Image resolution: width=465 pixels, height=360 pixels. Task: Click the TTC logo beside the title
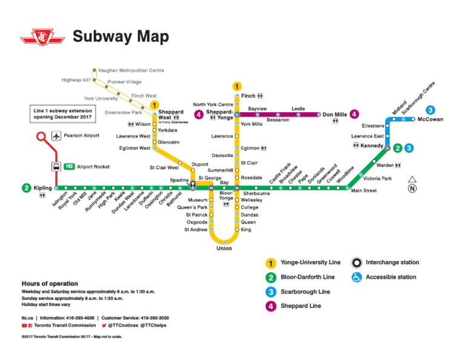tap(42, 38)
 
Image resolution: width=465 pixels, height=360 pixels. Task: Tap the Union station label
tap(224, 248)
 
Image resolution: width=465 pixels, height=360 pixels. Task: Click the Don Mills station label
tap(334, 115)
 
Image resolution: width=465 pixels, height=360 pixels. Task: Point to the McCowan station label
tap(430, 119)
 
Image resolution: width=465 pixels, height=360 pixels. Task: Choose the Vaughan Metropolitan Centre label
tap(131, 70)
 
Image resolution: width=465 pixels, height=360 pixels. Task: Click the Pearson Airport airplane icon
tap(56, 136)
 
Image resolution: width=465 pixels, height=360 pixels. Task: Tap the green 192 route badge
tap(70, 166)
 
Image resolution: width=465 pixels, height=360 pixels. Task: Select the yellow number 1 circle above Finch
tap(237, 86)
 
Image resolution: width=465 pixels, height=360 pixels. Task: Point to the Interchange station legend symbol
tap(357, 262)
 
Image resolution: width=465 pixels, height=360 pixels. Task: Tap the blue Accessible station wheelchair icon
tap(357, 277)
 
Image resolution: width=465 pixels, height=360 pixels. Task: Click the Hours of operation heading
tap(50, 284)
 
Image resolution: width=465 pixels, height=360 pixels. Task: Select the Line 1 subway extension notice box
tap(63, 114)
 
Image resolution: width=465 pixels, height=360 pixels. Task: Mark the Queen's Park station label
tap(193, 207)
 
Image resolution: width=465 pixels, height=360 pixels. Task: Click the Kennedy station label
tap(371, 146)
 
